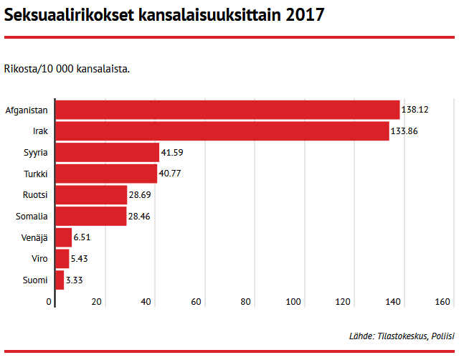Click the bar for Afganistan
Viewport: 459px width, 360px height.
click(227, 110)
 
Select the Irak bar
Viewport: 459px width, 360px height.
click(222, 131)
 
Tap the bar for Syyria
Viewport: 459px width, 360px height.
click(108, 152)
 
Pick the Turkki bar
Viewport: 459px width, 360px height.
click(106, 174)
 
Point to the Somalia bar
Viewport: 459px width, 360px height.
click(91, 216)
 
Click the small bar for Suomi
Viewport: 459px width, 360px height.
click(60, 280)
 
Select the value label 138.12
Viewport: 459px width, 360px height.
click(415, 110)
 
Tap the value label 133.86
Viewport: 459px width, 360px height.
click(405, 131)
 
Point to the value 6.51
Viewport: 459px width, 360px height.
click(82, 237)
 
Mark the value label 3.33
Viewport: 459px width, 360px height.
click(75, 280)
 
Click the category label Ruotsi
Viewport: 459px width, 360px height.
click(36, 195)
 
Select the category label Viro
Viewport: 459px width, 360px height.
click(39, 258)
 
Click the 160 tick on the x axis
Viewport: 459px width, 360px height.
click(443, 301)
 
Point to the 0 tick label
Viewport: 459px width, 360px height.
click(49, 301)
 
